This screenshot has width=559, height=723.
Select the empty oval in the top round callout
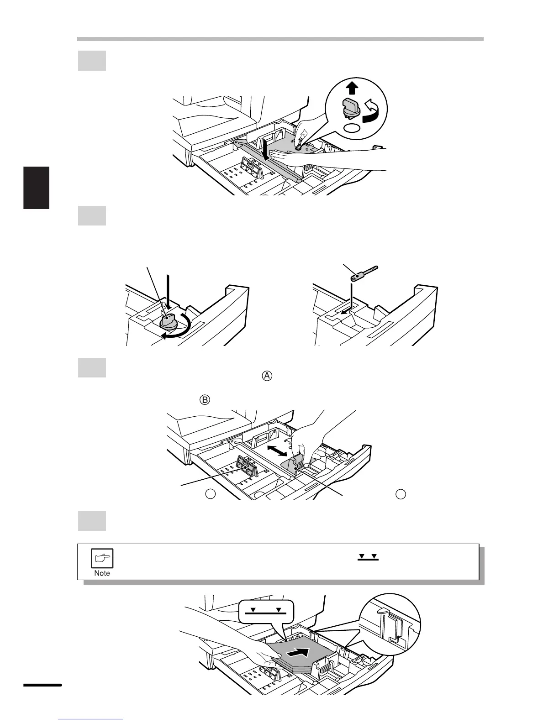pos(351,128)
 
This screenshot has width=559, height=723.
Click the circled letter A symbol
pos(267,376)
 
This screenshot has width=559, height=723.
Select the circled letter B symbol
pos(205,400)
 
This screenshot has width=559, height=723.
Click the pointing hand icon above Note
pos(103,558)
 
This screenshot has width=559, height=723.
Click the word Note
pos(102,573)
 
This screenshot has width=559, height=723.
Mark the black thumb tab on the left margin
pos(36,188)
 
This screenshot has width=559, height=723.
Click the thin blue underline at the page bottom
pos(90,719)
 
